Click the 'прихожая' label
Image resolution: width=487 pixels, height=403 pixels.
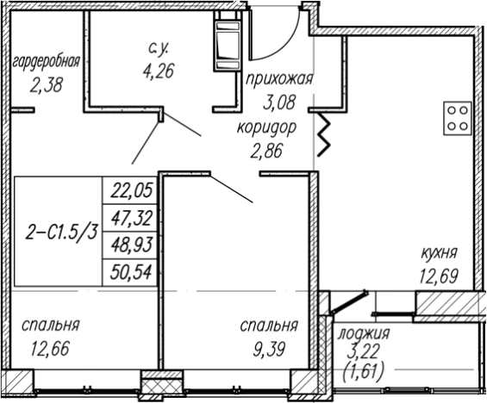(x=278, y=82)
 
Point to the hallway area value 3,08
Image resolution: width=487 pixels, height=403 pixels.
(x=278, y=105)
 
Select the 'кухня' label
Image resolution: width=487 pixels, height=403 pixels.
(x=439, y=253)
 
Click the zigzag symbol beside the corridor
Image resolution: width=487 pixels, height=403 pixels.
(x=325, y=133)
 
